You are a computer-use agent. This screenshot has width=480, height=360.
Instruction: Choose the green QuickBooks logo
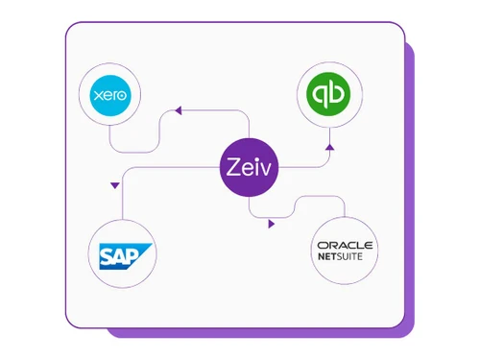tap(329, 95)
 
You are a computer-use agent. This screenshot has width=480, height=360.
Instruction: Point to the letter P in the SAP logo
tap(136, 252)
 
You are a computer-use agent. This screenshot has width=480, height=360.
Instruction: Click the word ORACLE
tap(345, 245)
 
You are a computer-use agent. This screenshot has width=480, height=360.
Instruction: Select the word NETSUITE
tap(345, 257)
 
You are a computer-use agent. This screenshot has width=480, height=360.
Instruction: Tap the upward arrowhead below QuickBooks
tap(329, 148)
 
